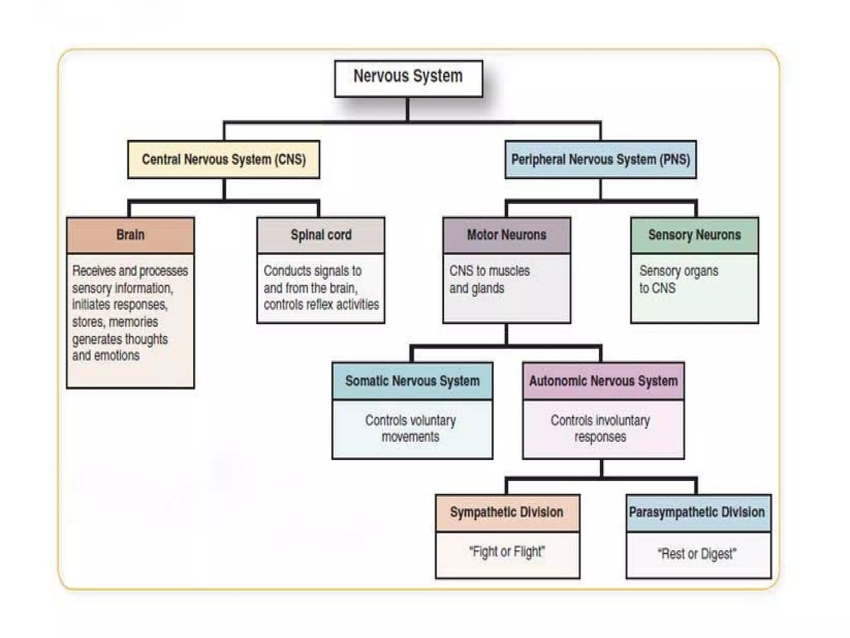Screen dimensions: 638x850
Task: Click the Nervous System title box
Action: (408, 79)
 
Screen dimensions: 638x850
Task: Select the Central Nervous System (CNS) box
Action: (224, 159)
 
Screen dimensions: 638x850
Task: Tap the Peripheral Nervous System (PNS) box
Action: (601, 159)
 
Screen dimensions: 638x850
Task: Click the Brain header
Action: (130, 235)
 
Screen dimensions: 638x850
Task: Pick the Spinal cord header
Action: (321, 235)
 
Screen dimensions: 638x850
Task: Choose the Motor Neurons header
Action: (506, 235)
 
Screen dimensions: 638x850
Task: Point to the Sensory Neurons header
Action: (694, 235)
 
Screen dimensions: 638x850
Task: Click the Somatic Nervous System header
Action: (412, 381)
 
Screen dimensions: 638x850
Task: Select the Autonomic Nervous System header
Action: (603, 381)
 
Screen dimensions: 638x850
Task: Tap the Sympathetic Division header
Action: (507, 512)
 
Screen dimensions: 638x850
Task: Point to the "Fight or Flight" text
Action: (507, 552)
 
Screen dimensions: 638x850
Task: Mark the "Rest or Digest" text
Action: (697, 554)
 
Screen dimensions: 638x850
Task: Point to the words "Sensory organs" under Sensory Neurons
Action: (679, 271)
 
